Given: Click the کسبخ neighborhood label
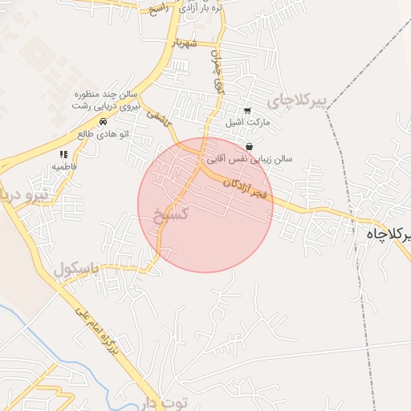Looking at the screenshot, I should (171, 214).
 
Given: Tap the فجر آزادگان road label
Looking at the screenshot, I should (246, 191).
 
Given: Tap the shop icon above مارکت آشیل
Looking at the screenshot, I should (247, 110).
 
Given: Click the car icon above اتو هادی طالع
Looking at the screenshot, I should (103, 121).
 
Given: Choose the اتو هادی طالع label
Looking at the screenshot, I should (102, 133).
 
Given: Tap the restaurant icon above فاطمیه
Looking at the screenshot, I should (63, 154).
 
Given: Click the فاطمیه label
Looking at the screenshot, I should (63, 166).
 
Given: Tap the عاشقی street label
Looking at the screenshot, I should (157, 117).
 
